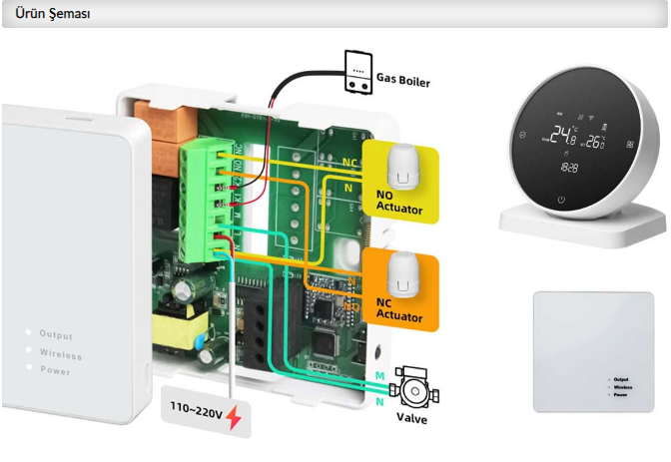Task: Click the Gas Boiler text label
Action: pyautogui.click(x=403, y=80)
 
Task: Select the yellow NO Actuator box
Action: pyautogui.click(x=399, y=181)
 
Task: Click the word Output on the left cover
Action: pyautogui.click(x=56, y=335)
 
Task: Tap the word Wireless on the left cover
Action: pyautogui.click(x=60, y=353)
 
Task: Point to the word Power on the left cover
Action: pyautogui.click(x=55, y=371)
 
